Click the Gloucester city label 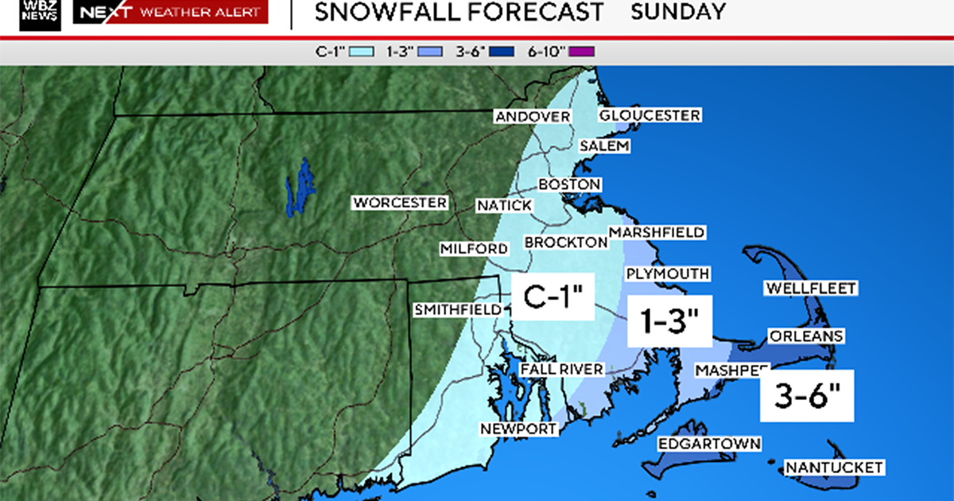[x=650, y=115]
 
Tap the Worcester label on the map [x=400, y=203]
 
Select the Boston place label [x=569, y=184]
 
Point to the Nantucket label [x=833, y=468]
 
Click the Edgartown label [x=709, y=444]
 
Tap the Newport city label [x=518, y=429]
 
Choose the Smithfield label [x=457, y=309]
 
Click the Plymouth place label [x=667, y=274]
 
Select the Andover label [x=532, y=117]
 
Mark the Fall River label [x=561, y=370]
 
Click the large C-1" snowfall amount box [x=553, y=297]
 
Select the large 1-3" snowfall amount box [x=669, y=322]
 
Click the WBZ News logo [x=41, y=14]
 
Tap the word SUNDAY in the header [x=678, y=12]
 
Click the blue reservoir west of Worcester [x=300, y=187]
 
